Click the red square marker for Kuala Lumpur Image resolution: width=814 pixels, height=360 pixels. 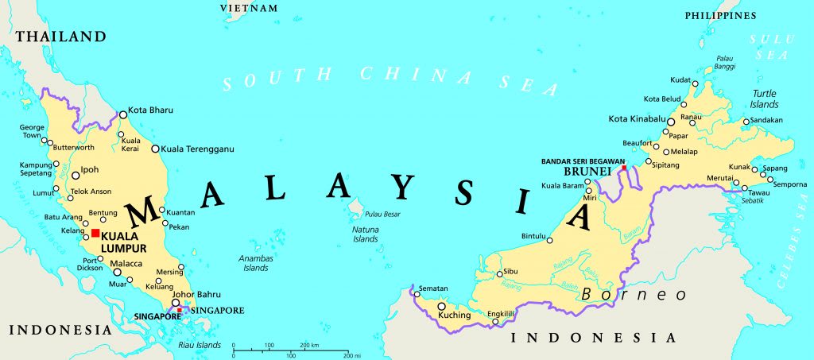tap(95, 233)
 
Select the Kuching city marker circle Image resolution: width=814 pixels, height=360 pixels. tap(441, 306)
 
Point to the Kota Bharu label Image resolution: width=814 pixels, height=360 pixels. tap(151, 110)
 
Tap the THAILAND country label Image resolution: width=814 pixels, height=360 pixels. tap(61, 37)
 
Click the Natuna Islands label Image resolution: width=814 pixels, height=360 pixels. tap(366, 234)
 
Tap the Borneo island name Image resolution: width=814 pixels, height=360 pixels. tap(634, 294)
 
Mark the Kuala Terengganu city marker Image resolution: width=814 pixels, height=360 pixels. tap(156, 149)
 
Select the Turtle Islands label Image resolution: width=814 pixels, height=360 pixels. tap(764, 99)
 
